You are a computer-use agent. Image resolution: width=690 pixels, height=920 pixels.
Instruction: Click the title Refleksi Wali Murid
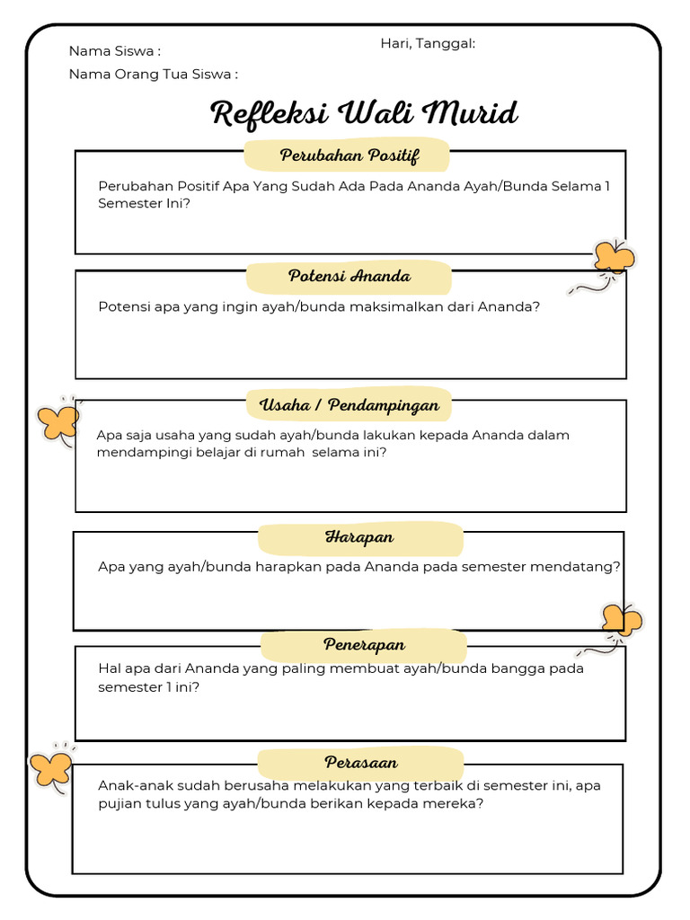(x=364, y=114)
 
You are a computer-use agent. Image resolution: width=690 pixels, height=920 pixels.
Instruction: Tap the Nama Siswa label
(x=114, y=51)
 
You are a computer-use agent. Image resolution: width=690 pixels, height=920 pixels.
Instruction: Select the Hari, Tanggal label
(x=428, y=43)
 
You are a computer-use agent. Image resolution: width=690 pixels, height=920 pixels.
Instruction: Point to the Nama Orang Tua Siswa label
(x=153, y=75)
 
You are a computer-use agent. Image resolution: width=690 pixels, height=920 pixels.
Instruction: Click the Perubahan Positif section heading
(x=349, y=155)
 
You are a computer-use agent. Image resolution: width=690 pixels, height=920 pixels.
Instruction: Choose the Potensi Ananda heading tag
(x=349, y=276)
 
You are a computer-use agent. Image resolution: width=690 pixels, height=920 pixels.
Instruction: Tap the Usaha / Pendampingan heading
(x=349, y=405)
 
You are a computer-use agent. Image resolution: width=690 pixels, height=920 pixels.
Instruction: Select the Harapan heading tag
(x=359, y=537)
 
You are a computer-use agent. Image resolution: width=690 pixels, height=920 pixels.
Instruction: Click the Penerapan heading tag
(x=364, y=645)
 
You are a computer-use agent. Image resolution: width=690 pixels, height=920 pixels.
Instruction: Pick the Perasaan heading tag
(x=361, y=763)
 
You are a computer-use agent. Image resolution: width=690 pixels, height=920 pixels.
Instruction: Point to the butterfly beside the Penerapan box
(x=622, y=620)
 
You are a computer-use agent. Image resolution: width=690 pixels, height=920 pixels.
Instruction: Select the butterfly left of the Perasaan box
(x=51, y=768)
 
